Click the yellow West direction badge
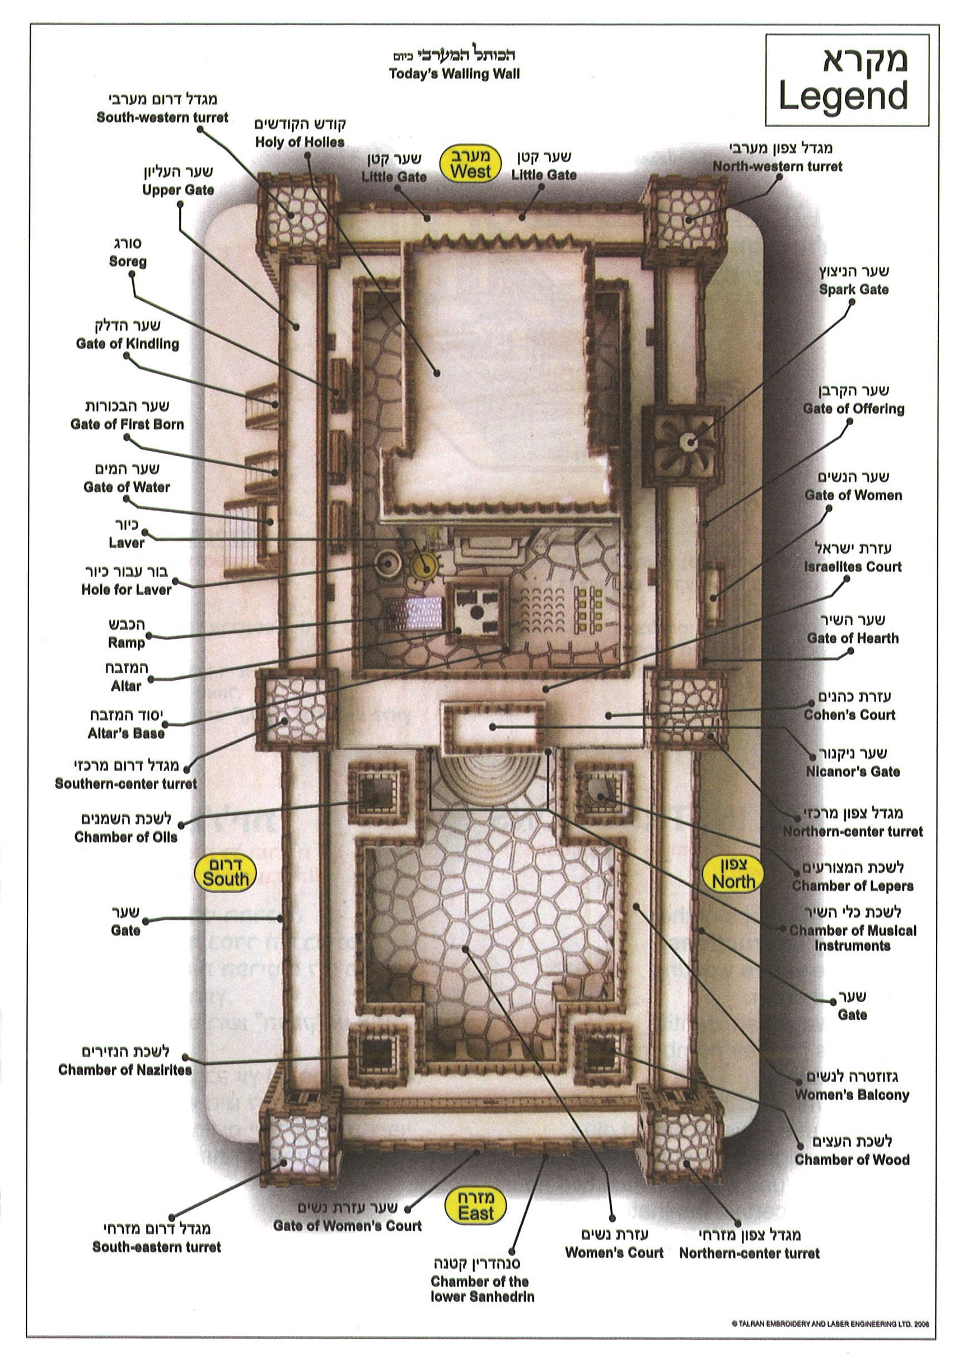[470, 165]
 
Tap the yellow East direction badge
[476, 1205]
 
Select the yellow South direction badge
[225, 873]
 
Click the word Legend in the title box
[843, 95]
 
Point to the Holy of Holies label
[300, 142]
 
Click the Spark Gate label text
[854, 289]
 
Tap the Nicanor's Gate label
[852, 771]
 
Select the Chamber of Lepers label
[852, 886]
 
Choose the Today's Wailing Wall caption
[454, 74]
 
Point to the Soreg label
[128, 261]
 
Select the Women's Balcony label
[852, 1095]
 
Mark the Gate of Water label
[127, 487]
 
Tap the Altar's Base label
[126, 733]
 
